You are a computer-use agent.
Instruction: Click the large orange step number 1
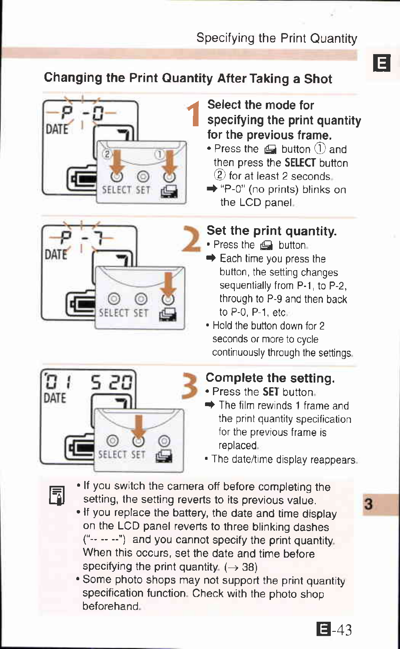click(x=193, y=114)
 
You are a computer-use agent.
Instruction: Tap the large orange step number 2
click(x=191, y=239)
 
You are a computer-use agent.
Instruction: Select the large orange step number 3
click(x=190, y=386)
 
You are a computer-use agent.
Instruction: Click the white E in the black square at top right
click(x=382, y=63)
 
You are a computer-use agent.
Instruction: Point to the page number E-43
click(x=334, y=629)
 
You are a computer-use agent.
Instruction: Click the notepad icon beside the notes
click(x=57, y=495)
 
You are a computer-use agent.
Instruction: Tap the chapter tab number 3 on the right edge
click(x=369, y=504)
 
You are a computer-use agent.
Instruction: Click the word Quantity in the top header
click(x=334, y=39)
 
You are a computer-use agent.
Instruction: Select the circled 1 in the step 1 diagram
click(x=159, y=154)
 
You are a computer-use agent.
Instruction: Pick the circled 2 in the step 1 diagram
click(x=107, y=154)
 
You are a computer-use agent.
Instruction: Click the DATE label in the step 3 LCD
click(x=55, y=398)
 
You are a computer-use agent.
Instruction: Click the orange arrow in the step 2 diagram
click(x=168, y=284)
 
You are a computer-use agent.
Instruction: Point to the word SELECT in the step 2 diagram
click(x=114, y=313)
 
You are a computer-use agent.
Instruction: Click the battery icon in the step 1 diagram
click(x=82, y=180)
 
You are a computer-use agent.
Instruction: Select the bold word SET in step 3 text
click(x=271, y=392)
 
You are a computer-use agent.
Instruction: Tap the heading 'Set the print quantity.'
click(x=272, y=231)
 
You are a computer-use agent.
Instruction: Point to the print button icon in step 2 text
click(x=266, y=245)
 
